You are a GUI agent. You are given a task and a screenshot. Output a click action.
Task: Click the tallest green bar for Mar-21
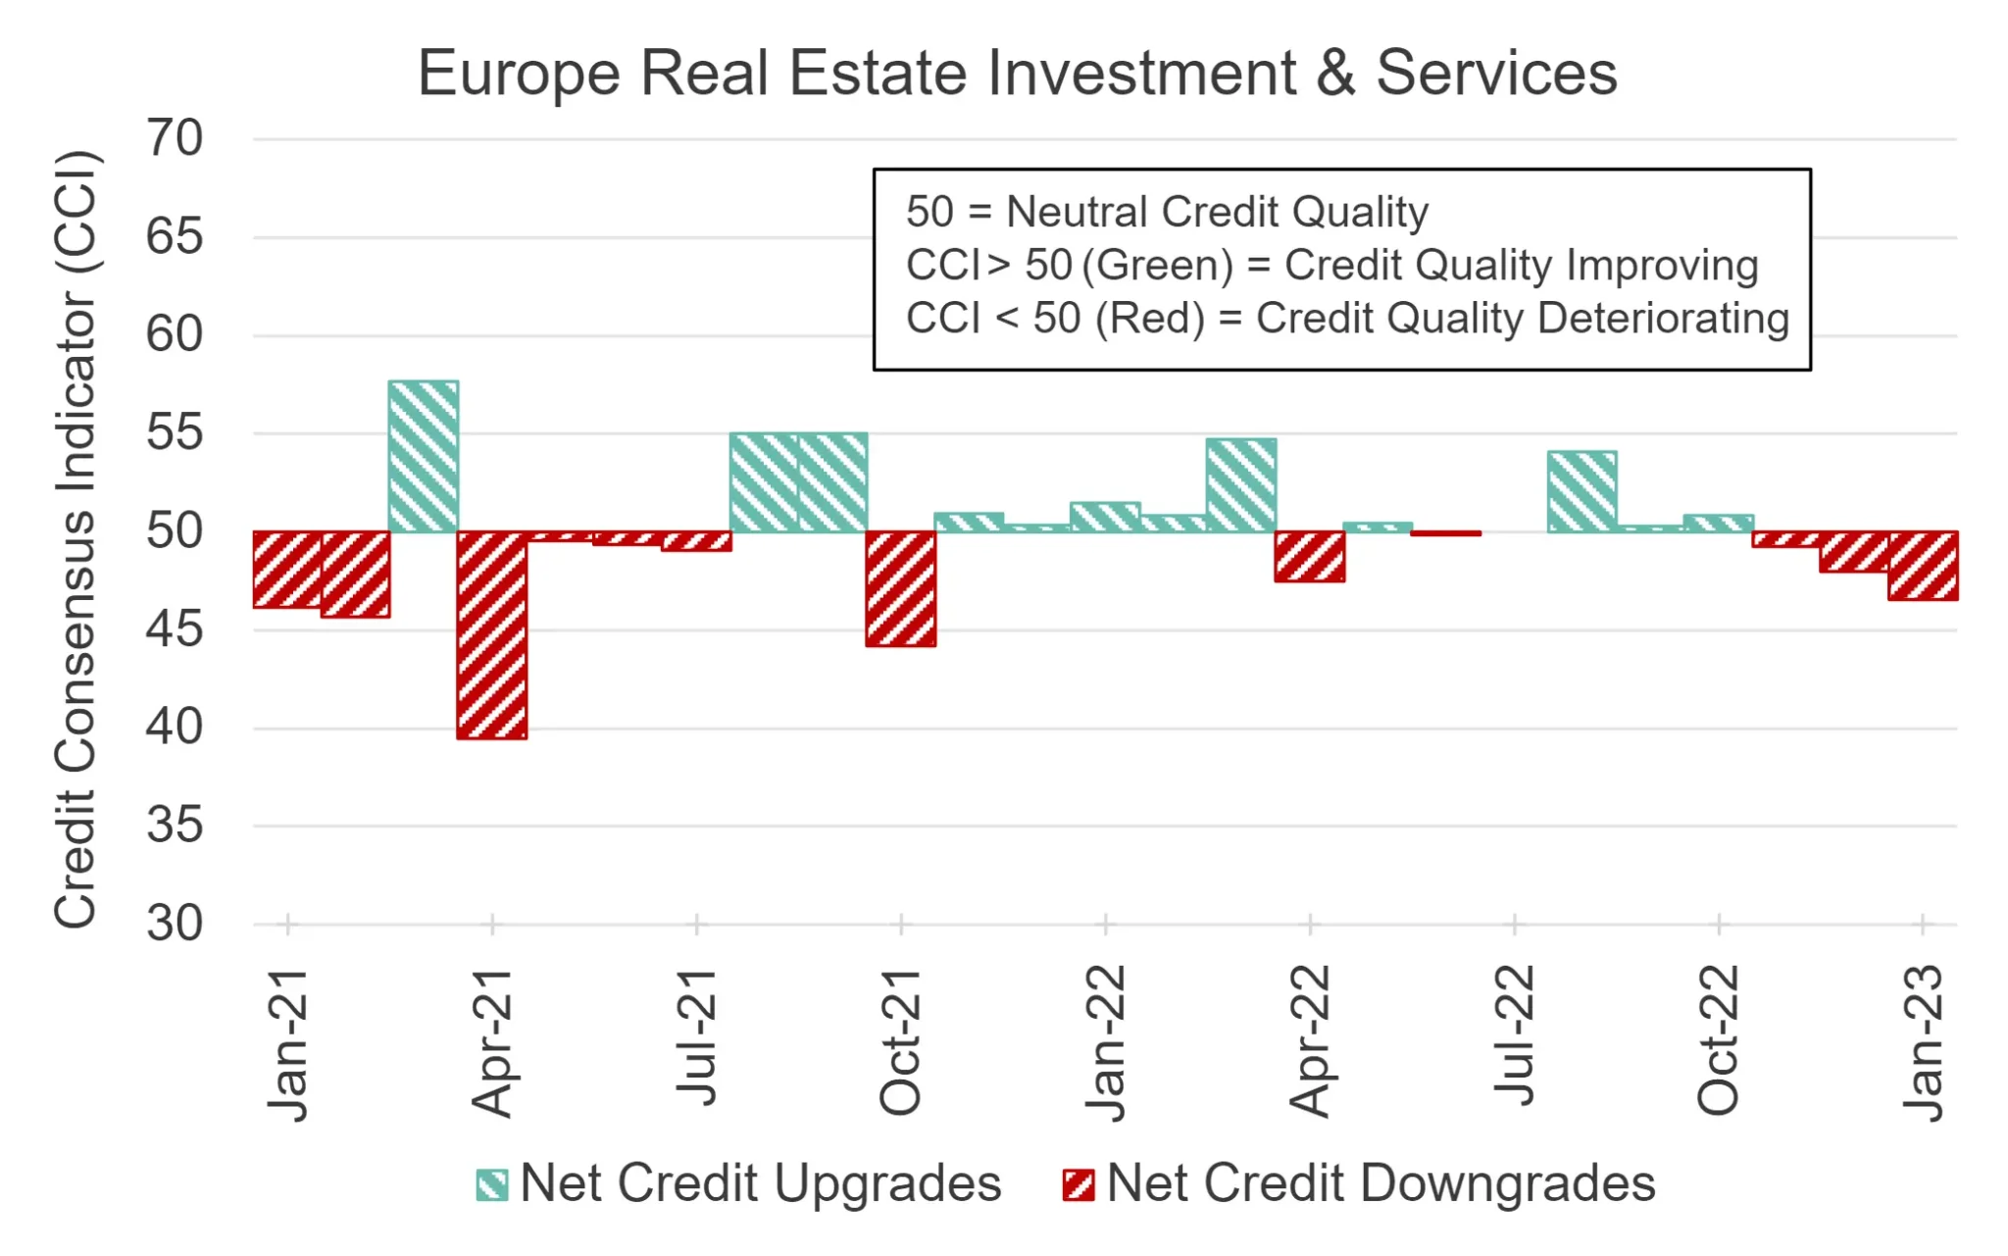coord(424,456)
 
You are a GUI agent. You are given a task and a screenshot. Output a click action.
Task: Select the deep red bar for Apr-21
coord(492,635)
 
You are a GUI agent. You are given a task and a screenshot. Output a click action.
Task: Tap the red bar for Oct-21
coord(901,589)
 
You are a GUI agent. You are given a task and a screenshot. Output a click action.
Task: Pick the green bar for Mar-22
coord(1241,485)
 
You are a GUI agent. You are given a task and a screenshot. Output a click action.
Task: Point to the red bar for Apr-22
coord(1310,557)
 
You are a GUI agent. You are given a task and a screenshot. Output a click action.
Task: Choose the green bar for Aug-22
coord(1582,492)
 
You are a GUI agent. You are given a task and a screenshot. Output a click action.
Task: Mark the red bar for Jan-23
coord(1923,566)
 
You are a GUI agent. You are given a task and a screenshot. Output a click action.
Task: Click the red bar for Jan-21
coord(287,570)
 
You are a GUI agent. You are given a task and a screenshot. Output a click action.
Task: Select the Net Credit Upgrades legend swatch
coord(492,1184)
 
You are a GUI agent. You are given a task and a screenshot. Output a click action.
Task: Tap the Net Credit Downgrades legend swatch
coord(1079,1184)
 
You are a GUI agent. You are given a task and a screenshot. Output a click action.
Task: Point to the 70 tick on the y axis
coord(175,138)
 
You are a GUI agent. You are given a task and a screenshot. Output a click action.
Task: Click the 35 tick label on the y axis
coord(175,826)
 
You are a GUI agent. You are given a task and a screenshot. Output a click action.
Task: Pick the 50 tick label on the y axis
coord(175,531)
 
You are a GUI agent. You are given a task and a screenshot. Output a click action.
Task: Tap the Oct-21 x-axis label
coord(900,1042)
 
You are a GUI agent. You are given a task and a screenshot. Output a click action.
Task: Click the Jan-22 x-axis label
coord(1105,1042)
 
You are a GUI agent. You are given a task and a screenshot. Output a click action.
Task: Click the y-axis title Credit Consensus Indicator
coord(75,538)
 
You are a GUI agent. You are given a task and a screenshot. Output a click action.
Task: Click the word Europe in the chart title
coord(519,74)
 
